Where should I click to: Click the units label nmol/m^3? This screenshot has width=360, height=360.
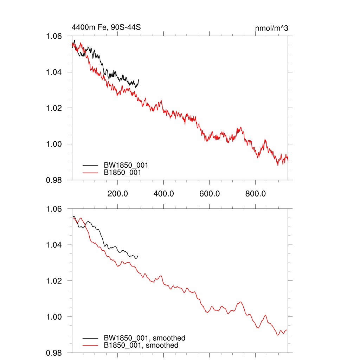point(271,28)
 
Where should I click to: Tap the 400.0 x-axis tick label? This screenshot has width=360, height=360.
point(163,193)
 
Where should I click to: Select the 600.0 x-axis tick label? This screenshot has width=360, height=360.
point(210,193)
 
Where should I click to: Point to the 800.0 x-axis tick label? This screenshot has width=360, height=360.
point(256,193)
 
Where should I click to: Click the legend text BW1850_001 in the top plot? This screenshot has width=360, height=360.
point(126,165)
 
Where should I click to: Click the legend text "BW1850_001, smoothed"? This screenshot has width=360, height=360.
point(144,338)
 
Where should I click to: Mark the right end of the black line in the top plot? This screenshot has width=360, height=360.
point(139,79)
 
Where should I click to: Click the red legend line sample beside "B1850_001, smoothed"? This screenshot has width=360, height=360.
point(90,346)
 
